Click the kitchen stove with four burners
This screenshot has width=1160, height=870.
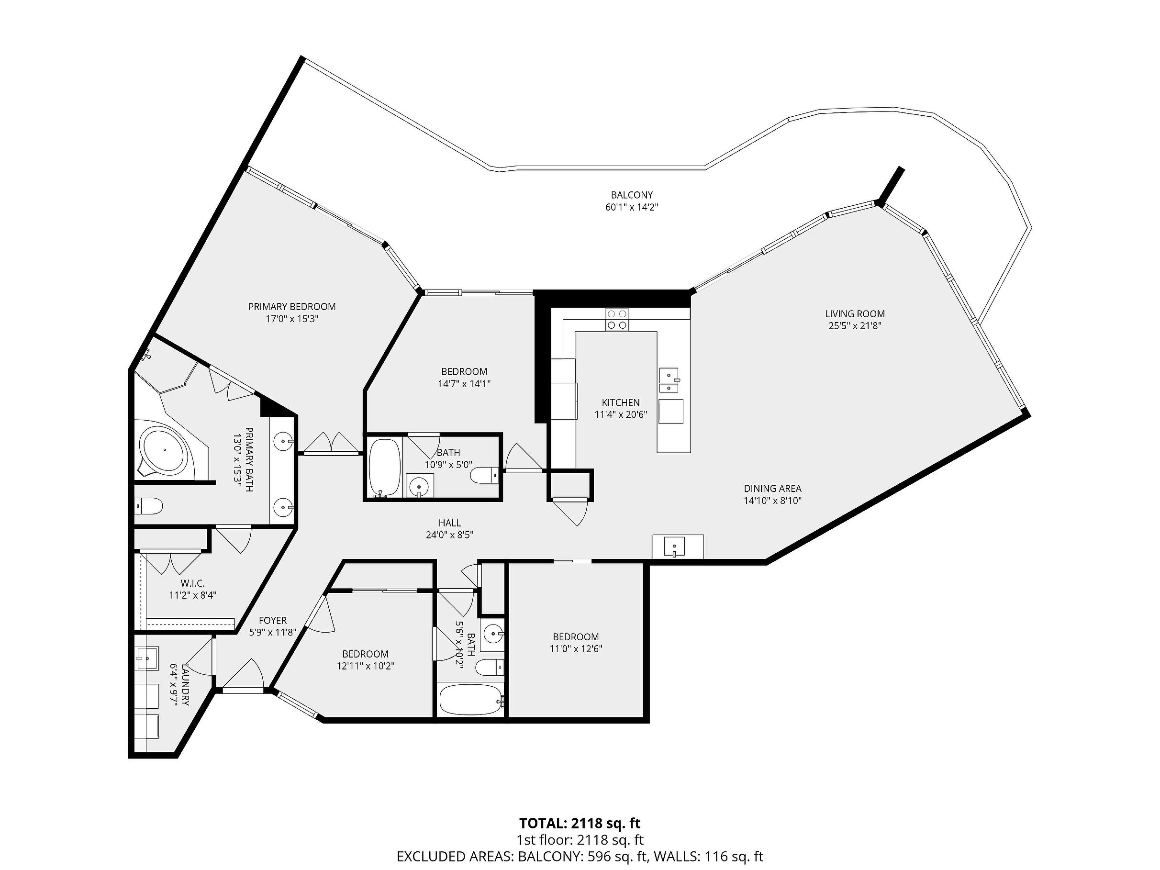[x=617, y=319]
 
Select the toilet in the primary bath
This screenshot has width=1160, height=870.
[x=149, y=506]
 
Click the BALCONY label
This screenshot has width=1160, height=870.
[x=631, y=196]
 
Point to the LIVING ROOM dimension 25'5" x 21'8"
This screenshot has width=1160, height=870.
[x=855, y=326]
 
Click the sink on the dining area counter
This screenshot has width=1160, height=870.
[x=674, y=547]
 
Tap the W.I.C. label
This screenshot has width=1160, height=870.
[x=192, y=583]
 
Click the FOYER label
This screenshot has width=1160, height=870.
[x=273, y=620]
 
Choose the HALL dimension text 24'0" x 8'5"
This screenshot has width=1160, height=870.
[x=449, y=535]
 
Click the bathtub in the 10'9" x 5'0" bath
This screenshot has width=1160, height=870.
[x=384, y=467]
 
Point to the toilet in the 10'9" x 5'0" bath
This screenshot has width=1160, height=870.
[x=483, y=475]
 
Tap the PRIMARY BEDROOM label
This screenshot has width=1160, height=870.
[x=292, y=307]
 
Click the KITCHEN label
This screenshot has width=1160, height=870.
[x=620, y=403]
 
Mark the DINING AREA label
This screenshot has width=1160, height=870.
[x=772, y=488]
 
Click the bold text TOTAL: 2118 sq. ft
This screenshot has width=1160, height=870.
[x=580, y=822]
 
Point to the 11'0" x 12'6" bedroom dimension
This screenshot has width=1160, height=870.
[x=576, y=649]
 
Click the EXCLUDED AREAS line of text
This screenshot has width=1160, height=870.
[x=580, y=857]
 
